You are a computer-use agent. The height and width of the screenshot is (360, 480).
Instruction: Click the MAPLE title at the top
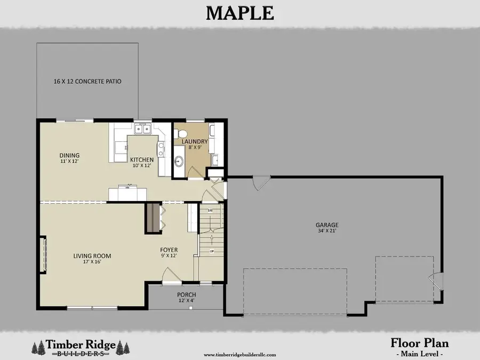pyautogui.click(x=240, y=12)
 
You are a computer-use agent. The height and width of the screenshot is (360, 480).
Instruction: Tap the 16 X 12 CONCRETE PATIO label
pyautogui.click(x=87, y=82)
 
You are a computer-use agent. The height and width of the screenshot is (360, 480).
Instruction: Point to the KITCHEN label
pyautogui.click(x=142, y=159)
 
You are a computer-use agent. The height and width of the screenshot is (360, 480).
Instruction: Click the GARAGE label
pyautogui.click(x=327, y=225)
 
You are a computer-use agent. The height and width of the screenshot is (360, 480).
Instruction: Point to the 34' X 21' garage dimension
pyautogui.click(x=327, y=231)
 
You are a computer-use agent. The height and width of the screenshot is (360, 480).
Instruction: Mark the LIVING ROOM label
pyautogui.click(x=92, y=256)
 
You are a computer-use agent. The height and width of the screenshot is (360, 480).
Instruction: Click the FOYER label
pyautogui.click(x=169, y=250)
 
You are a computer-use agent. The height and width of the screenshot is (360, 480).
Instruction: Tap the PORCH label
pyautogui.click(x=186, y=295)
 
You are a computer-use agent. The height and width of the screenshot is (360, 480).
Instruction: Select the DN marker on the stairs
pyautogui.click(x=210, y=211)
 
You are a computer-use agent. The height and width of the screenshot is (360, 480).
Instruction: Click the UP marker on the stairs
pyautogui.click(x=212, y=251)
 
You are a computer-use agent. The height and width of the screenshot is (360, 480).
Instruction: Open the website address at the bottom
pyautogui.click(x=240, y=354)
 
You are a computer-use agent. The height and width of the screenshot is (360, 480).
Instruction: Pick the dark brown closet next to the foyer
pyautogui.click(x=153, y=217)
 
